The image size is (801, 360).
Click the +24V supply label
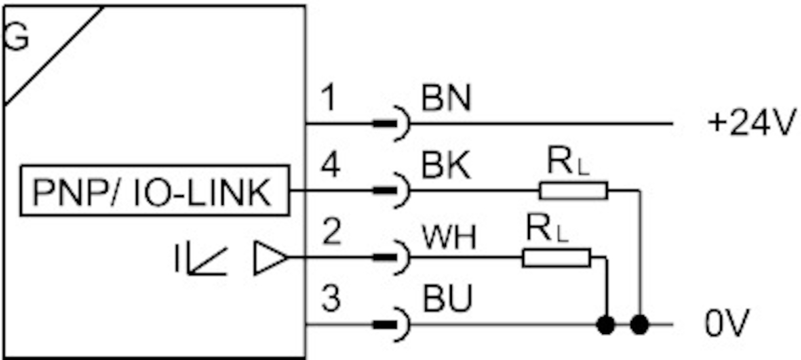click(753, 123)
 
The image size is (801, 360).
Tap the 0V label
click(726, 326)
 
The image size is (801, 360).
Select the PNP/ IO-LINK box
click(154, 192)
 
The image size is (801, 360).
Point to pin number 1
click(329, 100)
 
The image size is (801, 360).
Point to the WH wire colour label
click(449, 239)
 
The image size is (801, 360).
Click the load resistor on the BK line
click(573, 191)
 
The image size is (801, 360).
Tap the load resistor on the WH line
click(556, 257)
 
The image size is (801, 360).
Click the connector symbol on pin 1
click(394, 124)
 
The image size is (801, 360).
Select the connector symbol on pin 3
click(394, 326)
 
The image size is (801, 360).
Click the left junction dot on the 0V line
click(606, 326)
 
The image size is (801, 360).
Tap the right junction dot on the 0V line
click(640, 326)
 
